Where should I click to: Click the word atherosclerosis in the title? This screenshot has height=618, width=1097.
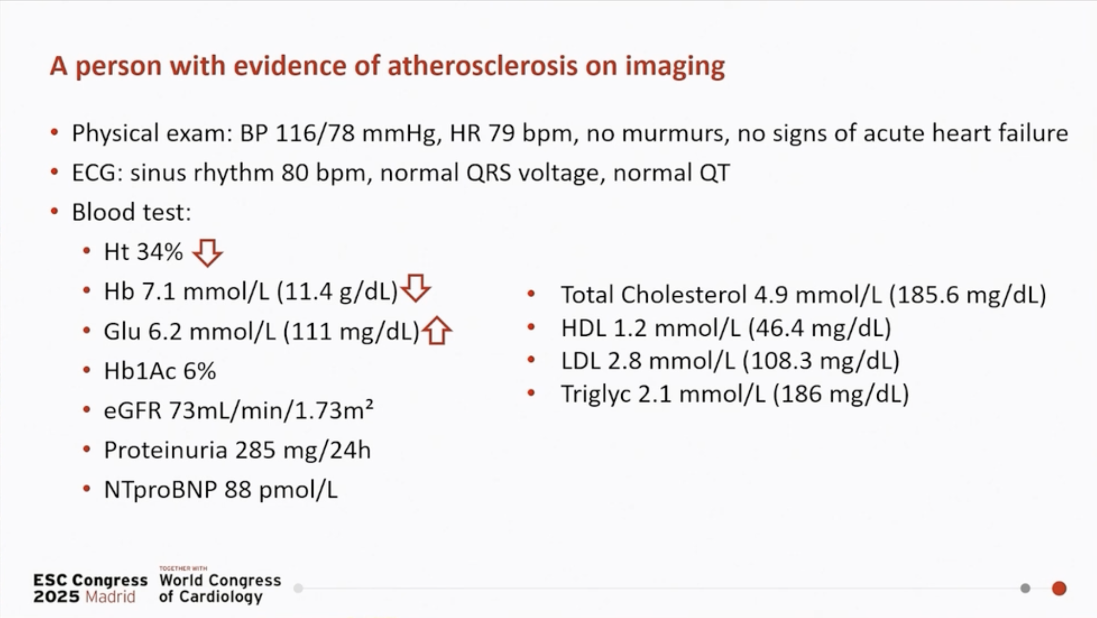click(483, 65)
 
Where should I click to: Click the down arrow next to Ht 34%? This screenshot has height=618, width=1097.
click(208, 253)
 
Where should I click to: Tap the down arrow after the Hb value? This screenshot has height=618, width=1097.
click(415, 288)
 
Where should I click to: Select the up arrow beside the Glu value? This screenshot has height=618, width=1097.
click(437, 330)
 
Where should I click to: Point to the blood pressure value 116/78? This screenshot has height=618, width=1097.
click(315, 133)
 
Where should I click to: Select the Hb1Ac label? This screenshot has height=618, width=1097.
click(141, 371)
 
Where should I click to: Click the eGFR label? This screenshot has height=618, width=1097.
click(132, 411)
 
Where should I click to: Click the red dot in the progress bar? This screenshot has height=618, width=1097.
click(1059, 588)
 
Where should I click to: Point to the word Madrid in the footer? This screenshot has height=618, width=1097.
click(110, 597)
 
